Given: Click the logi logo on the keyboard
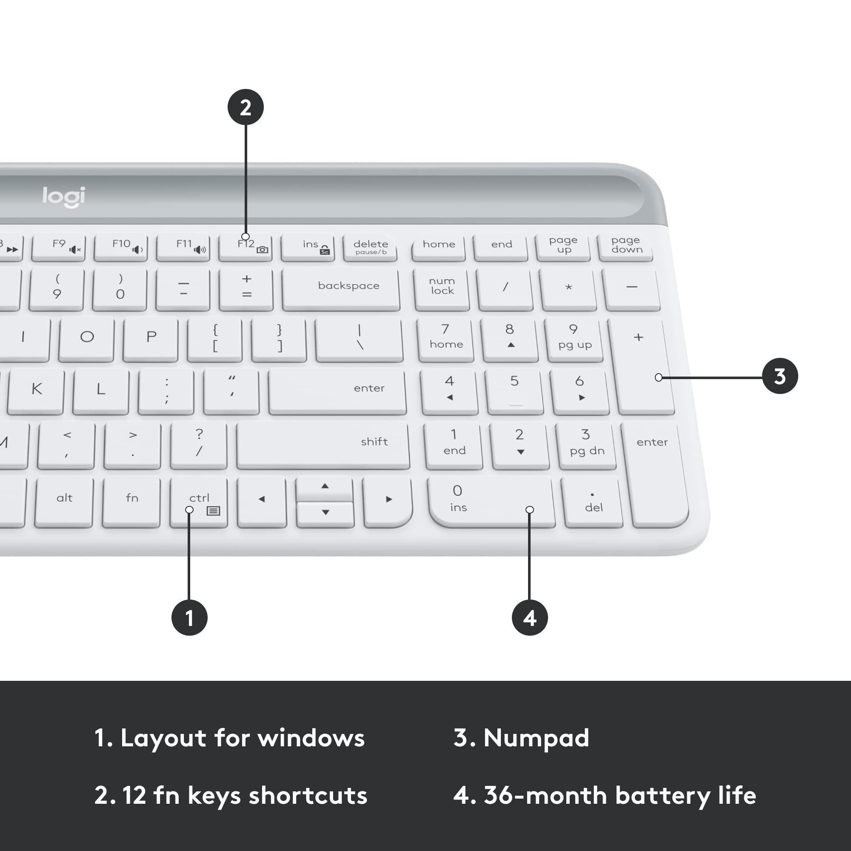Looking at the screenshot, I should coord(64,197).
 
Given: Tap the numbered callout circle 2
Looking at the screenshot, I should coord(246,107).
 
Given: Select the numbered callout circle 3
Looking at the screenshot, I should coord(780,376).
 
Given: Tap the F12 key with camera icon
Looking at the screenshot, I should coord(246,247).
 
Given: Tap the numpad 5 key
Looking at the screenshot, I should coord(514,390).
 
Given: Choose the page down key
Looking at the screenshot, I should coord(625,246).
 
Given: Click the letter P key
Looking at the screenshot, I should coord(151,338).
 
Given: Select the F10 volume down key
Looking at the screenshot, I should coord(121,247).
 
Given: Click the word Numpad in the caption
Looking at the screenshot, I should coord(536,738).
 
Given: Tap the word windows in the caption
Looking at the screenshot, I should coord(311,738).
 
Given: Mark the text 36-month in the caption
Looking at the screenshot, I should coord(545,796).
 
